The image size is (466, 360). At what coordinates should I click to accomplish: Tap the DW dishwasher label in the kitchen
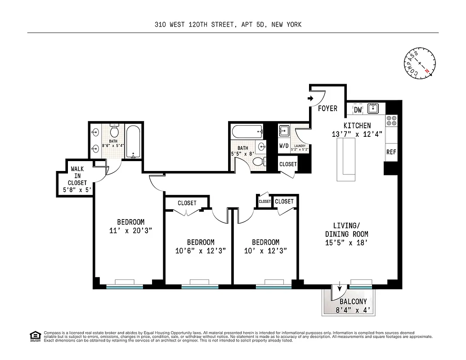click(358, 109)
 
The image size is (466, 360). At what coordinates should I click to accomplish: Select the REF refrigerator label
click(391, 152)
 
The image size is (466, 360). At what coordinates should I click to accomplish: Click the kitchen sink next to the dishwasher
click(373, 108)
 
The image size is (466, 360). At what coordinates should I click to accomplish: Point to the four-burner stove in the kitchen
click(391, 120)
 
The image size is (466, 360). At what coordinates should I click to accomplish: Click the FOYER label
click(327, 108)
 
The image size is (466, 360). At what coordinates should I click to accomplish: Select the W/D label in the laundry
click(284, 146)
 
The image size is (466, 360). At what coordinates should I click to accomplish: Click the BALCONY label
click(353, 301)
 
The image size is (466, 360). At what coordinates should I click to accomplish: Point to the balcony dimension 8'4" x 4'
click(353, 310)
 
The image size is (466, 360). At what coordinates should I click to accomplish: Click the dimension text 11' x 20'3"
click(130, 230)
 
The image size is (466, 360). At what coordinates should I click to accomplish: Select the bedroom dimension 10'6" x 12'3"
click(201, 251)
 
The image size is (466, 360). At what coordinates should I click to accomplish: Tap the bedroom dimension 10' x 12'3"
click(265, 251)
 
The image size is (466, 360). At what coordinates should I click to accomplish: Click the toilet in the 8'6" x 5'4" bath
click(114, 131)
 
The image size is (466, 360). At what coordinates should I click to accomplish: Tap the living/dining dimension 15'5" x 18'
click(346, 243)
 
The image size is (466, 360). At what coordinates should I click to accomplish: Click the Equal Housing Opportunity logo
click(34, 336)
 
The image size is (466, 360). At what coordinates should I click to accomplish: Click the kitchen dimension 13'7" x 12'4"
click(357, 134)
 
